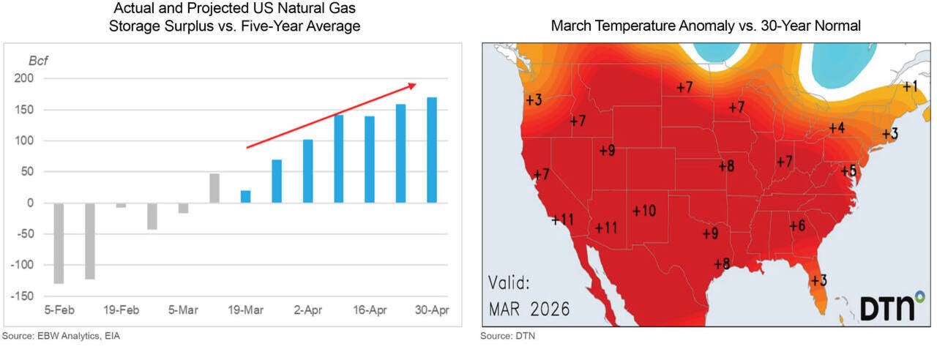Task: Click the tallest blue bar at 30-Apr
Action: tap(432, 150)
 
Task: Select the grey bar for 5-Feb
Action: tap(59, 243)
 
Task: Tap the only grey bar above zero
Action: tap(214, 188)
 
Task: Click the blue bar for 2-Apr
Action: tap(307, 171)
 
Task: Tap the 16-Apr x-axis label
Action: tap(369, 310)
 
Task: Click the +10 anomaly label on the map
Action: tap(643, 211)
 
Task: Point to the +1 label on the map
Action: tap(910, 86)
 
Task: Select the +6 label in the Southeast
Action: tap(797, 226)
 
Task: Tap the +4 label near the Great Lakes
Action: tap(837, 128)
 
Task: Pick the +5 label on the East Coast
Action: tap(848, 171)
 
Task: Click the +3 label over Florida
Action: tap(818, 280)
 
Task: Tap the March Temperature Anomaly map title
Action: tap(706, 26)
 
